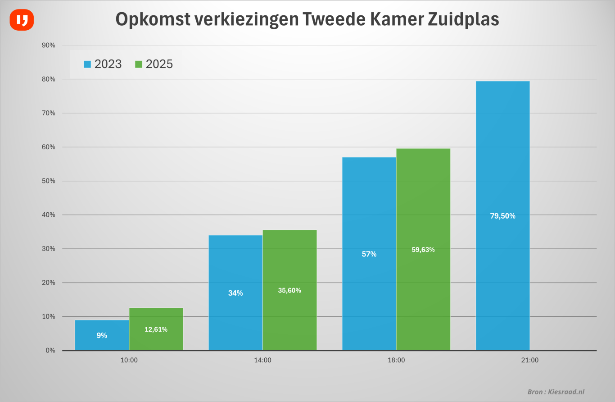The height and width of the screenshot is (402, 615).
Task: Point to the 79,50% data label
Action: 502,216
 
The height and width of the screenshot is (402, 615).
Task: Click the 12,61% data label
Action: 156,329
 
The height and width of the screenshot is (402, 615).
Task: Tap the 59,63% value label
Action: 423,250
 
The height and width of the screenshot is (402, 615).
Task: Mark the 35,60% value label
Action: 289,291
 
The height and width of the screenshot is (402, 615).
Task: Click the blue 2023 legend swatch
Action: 87,64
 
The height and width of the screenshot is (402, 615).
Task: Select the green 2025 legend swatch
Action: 139,64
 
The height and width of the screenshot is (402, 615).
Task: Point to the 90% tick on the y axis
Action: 48,45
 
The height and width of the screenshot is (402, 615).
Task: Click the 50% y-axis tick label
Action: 48,181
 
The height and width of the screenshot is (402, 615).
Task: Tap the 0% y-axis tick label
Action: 50,350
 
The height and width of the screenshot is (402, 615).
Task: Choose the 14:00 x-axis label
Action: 262,360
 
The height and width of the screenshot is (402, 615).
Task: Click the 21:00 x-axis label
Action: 529,360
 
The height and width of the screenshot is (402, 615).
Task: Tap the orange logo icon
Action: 22,20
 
